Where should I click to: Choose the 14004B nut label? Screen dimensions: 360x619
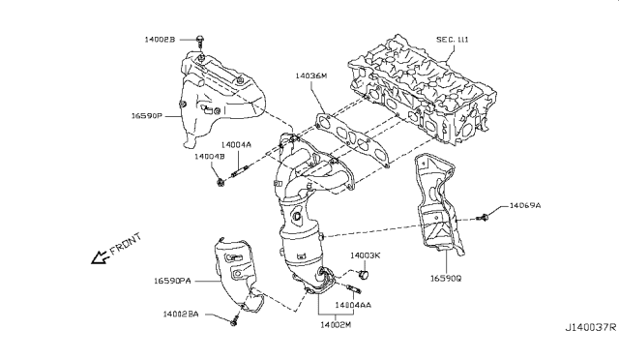pos(208,156)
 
